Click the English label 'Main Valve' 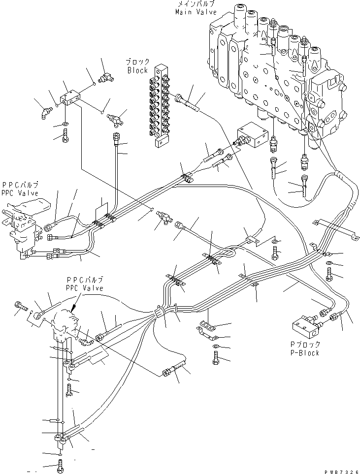[x=196, y=12]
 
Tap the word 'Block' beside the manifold [x=138, y=70]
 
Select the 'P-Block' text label [x=305, y=352]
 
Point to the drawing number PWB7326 [x=342, y=471]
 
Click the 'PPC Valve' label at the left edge [x=20, y=193]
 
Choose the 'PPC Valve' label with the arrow [x=85, y=288]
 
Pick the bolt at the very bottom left [x=60, y=467]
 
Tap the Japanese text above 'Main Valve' [x=196, y=4]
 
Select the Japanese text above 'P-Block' [x=305, y=345]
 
